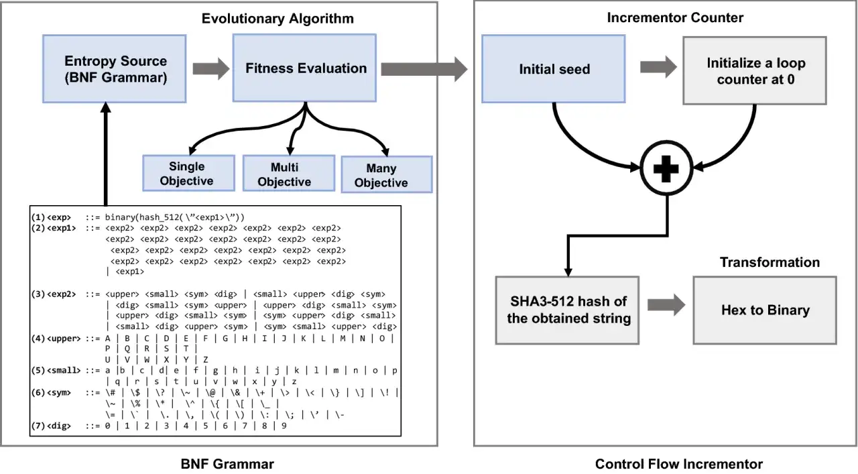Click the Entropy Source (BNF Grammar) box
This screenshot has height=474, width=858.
(115, 69)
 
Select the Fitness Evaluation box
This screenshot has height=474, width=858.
(304, 68)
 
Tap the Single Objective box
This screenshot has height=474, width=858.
(189, 173)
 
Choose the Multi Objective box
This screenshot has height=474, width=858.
(289, 173)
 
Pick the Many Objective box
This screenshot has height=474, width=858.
(387, 174)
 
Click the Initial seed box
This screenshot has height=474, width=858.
(554, 69)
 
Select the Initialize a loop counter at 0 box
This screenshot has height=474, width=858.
(755, 70)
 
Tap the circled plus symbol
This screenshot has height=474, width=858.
(666, 168)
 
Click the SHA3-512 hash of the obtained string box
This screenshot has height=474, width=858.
(567, 310)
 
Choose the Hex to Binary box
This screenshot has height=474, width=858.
(765, 310)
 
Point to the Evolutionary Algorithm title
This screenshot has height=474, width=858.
(278, 18)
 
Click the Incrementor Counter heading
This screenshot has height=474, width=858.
(675, 17)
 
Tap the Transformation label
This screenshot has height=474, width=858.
(770, 262)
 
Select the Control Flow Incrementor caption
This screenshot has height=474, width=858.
(679, 464)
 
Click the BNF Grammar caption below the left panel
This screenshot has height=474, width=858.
(227, 464)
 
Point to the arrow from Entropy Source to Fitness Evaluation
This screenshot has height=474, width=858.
(211, 69)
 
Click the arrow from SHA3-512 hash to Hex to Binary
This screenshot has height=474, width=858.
(666, 305)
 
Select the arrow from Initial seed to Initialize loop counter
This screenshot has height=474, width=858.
(658, 67)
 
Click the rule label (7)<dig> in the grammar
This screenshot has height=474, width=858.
(52, 426)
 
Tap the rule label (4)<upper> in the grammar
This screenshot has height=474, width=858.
(56, 339)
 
